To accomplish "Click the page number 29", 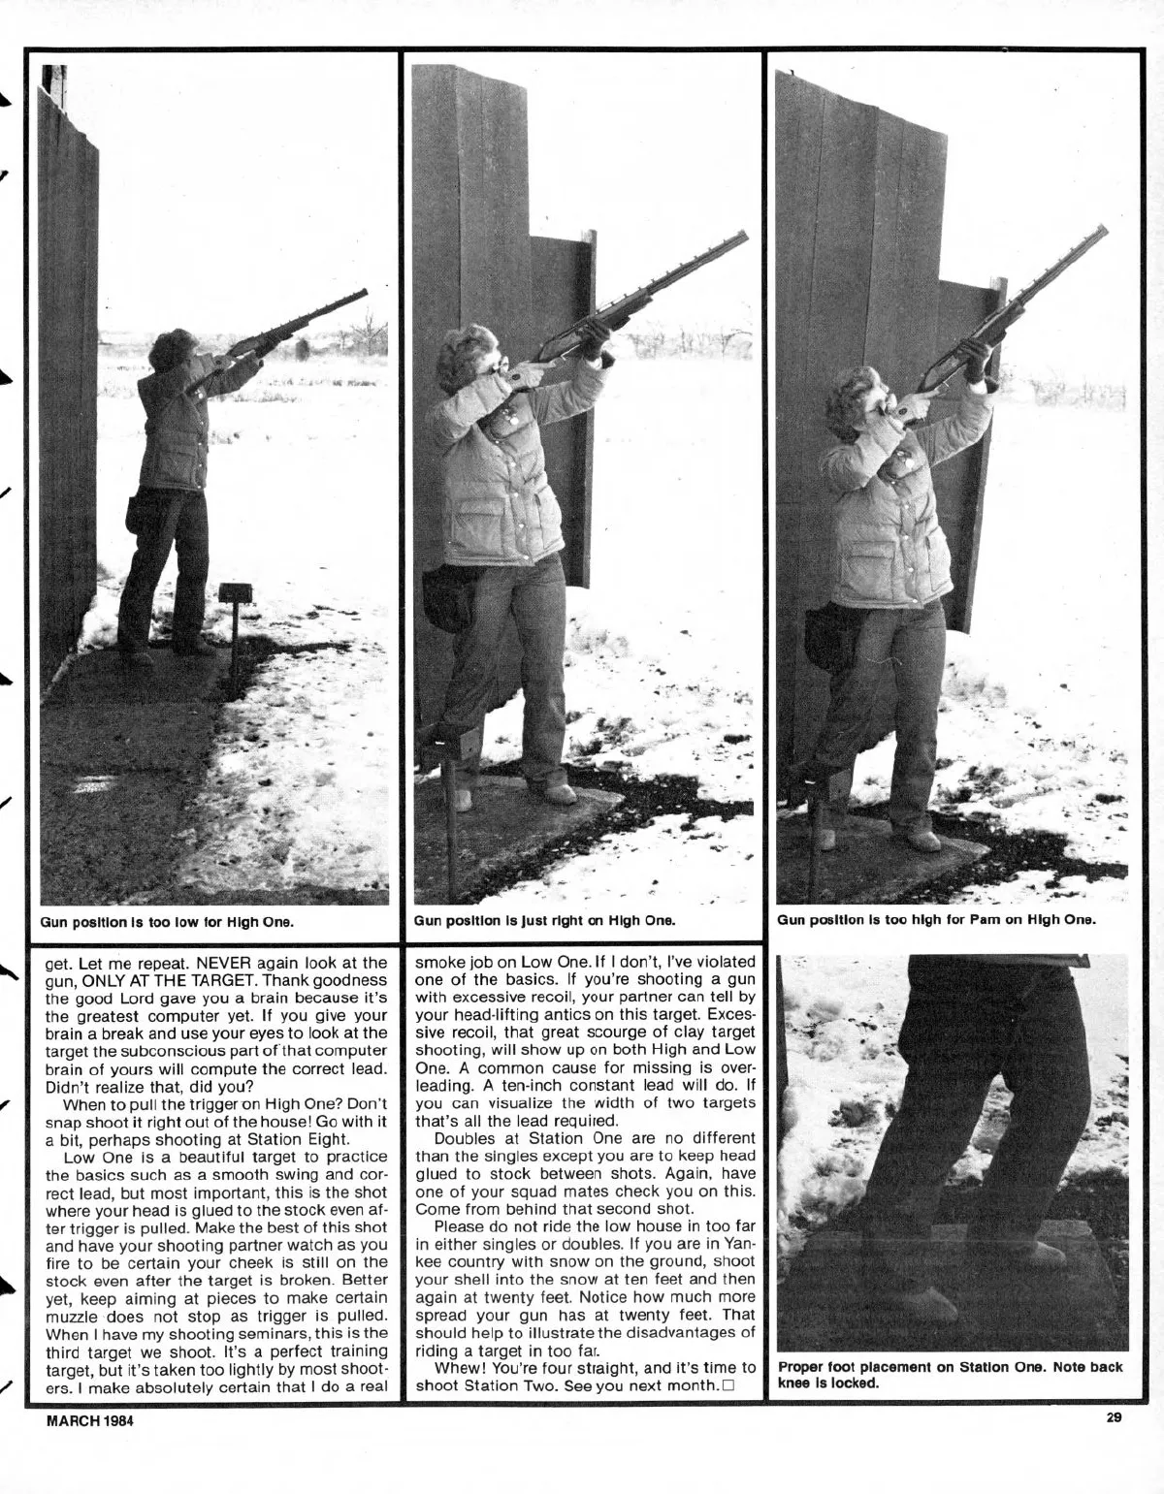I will point(1114,1417).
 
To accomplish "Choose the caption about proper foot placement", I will point(950,1374).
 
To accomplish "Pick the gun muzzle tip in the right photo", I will point(1107,229).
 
